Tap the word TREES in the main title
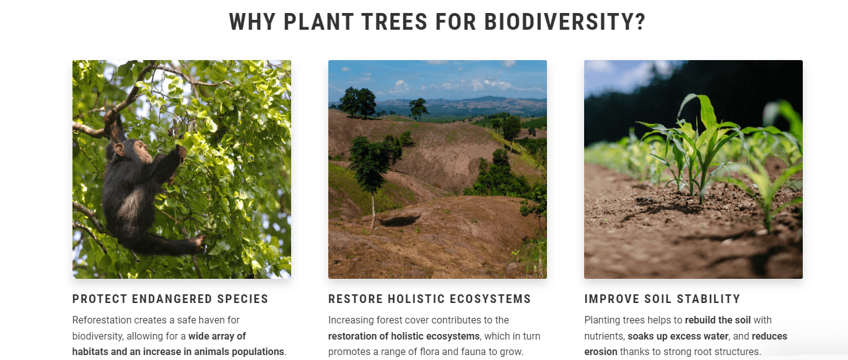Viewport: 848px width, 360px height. pyautogui.click(x=394, y=22)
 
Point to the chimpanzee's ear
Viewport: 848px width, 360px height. pyautogui.click(x=120, y=149)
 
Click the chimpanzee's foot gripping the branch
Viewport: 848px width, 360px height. pyautogui.click(x=198, y=243)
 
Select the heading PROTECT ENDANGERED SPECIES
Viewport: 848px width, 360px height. pyautogui.click(x=170, y=299)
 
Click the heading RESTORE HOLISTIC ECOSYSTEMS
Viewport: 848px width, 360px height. pyautogui.click(x=429, y=299)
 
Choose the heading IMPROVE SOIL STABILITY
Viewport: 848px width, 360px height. pyautogui.click(x=662, y=299)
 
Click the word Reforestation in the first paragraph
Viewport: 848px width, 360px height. pyautogui.click(x=102, y=320)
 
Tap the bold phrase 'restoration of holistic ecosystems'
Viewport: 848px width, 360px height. pyautogui.click(x=403, y=336)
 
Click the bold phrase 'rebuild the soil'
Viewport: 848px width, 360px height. pyautogui.click(x=718, y=320)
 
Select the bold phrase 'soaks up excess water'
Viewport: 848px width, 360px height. pyautogui.click(x=678, y=336)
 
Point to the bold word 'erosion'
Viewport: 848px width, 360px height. pyautogui.click(x=600, y=352)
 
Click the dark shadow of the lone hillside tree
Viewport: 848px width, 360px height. pyautogui.click(x=400, y=221)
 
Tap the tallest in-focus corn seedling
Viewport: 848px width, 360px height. pyautogui.click(x=701, y=147)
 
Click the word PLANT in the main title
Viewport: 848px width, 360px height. pyautogui.click(x=318, y=22)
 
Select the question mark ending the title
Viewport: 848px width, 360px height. pyautogui.click(x=640, y=22)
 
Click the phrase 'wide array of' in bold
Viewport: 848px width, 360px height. pyautogui.click(x=217, y=336)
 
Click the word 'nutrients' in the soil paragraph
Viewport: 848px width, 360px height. pyautogui.click(x=604, y=336)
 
